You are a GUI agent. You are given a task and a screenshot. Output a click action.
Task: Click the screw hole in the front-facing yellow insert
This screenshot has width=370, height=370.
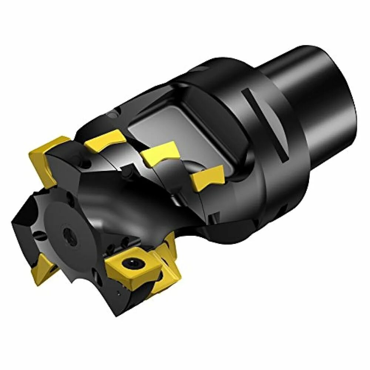pyautogui.click(x=132, y=263)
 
